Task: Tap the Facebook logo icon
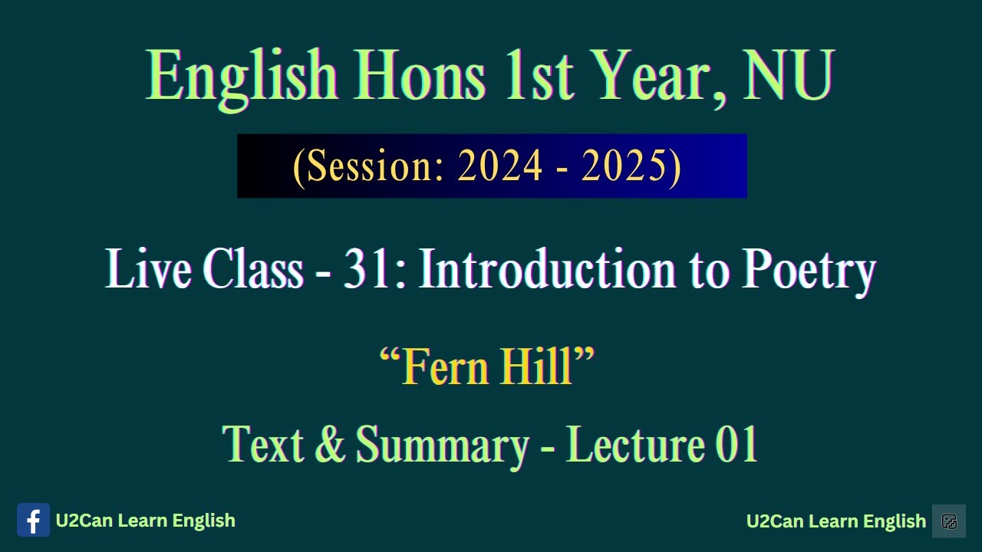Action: [33, 521]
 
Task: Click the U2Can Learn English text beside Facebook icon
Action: [145, 521]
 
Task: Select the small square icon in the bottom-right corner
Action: [949, 521]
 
